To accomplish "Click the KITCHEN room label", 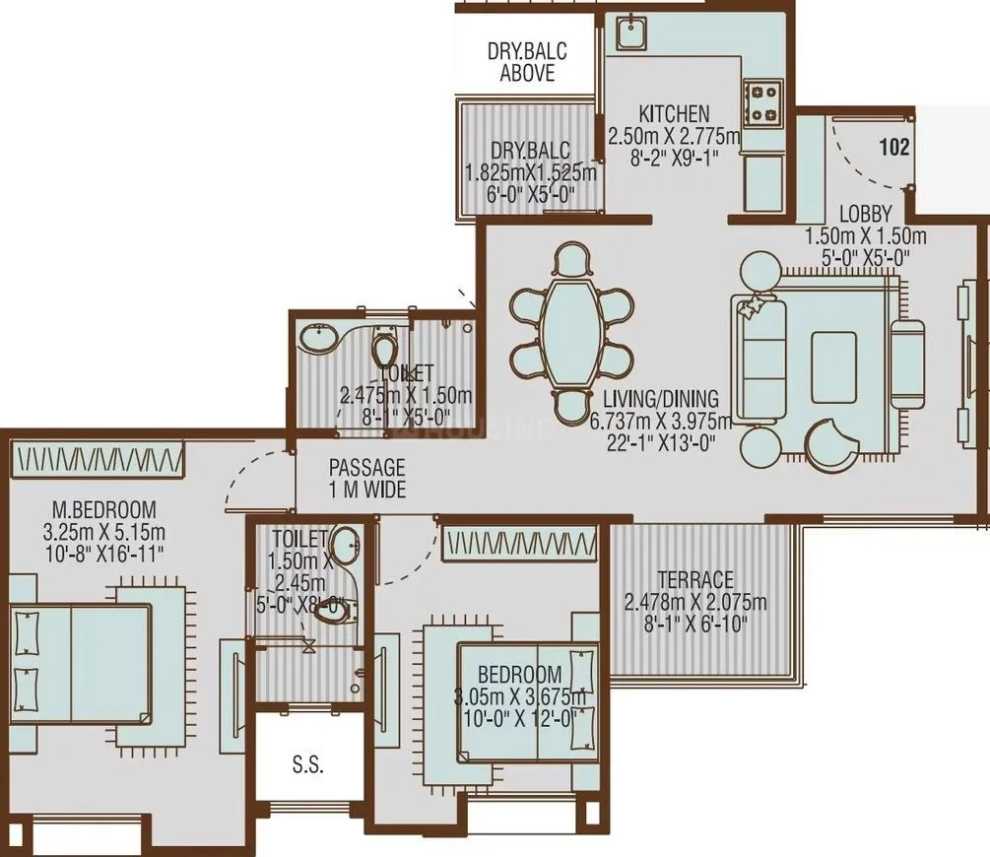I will click(673, 112).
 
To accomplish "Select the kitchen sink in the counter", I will click(627, 35).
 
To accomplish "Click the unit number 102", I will click(893, 148).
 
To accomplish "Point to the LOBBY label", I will click(866, 214).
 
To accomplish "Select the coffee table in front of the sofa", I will click(833, 354).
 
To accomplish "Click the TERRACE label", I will click(696, 579).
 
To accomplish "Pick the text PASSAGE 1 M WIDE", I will click(366, 478).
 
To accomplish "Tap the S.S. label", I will click(307, 764).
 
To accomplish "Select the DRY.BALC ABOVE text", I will click(527, 62).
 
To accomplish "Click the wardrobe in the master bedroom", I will click(98, 458).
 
